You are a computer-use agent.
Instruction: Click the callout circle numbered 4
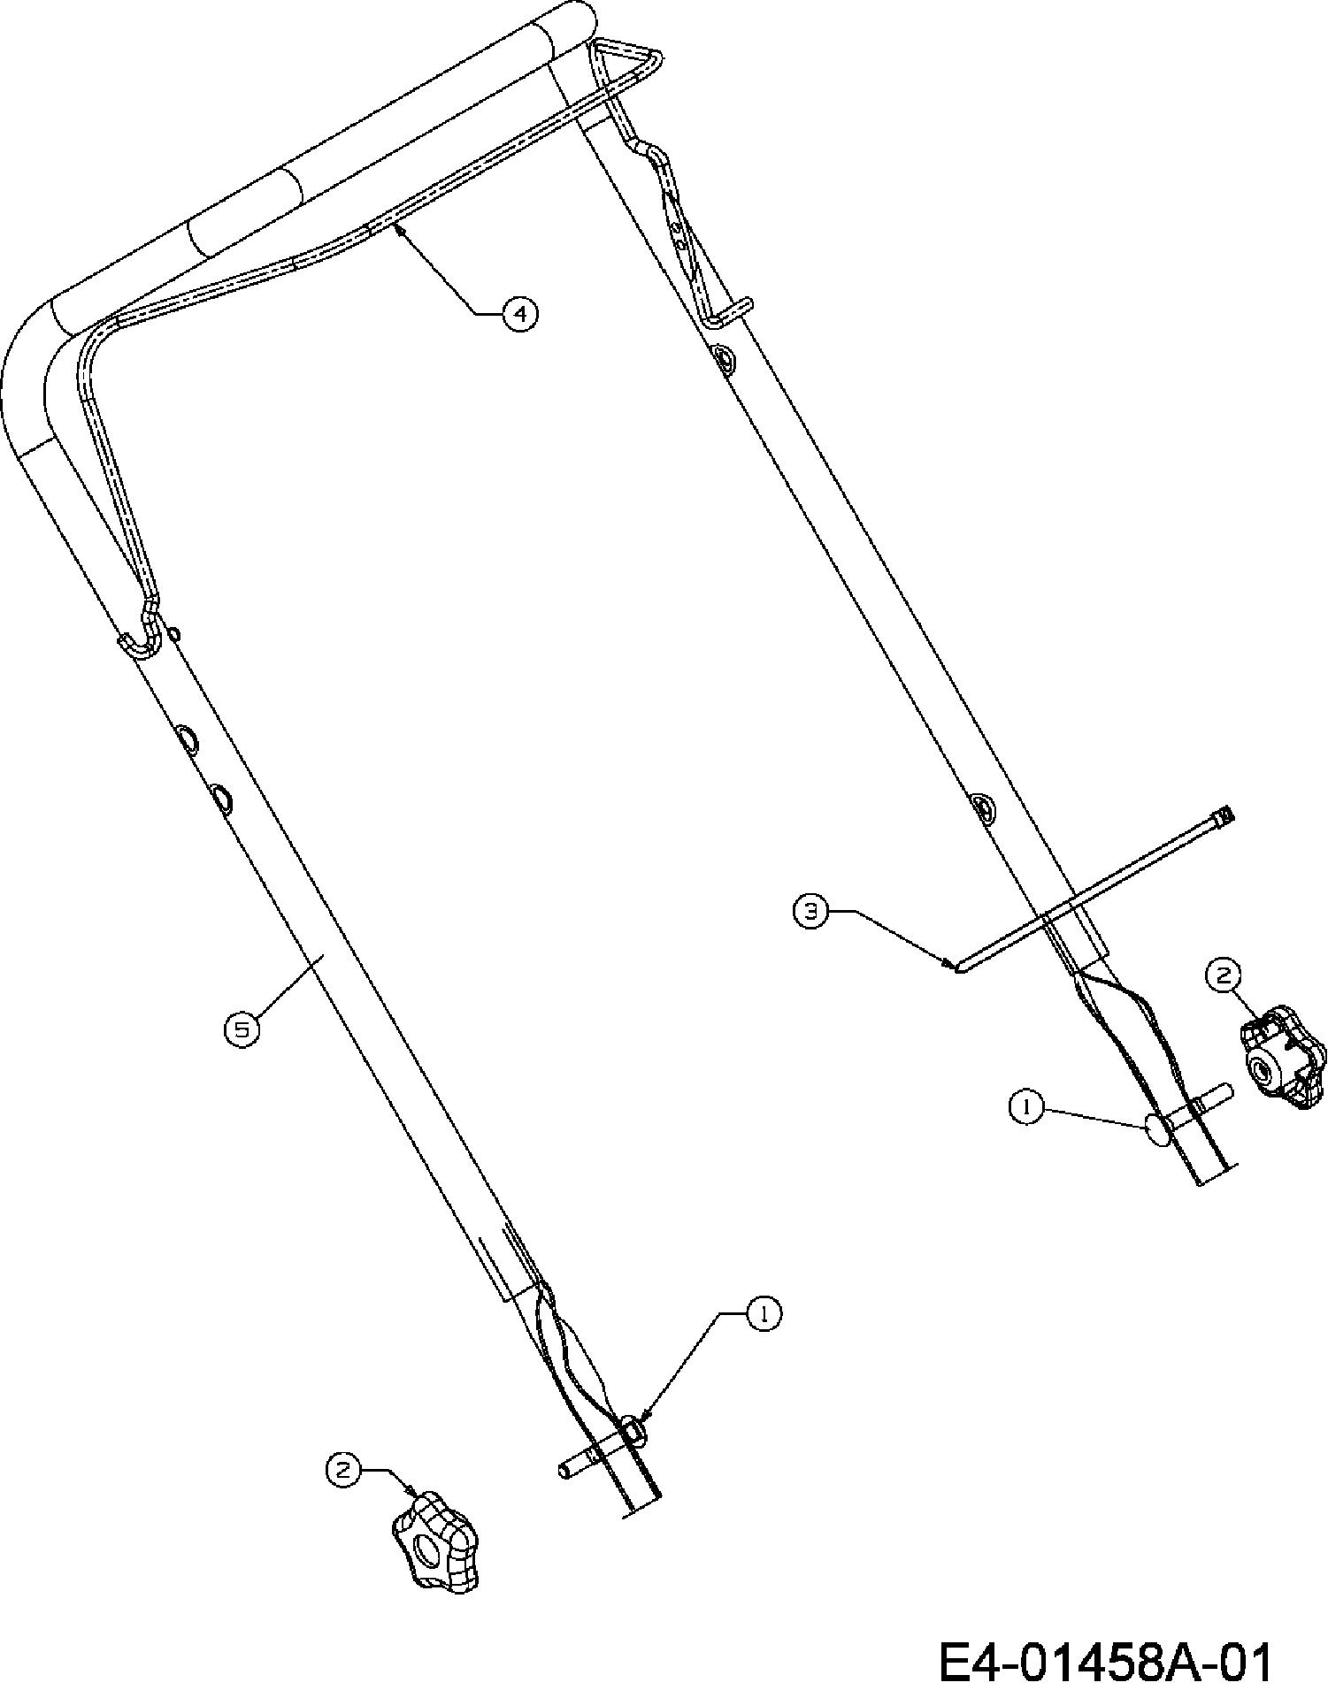(x=520, y=313)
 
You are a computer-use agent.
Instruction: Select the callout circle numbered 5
(x=242, y=1029)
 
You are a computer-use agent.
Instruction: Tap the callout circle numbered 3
(x=810, y=911)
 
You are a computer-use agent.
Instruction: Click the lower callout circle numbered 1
(x=764, y=1313)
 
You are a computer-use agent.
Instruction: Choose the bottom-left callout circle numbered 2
(x=344, y=1469)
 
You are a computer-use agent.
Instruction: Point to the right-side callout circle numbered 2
(x=1223, y=975)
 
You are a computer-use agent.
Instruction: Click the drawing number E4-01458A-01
(x=1105, y=1662)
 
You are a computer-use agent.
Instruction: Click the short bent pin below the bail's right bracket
(x=731, y=311)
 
